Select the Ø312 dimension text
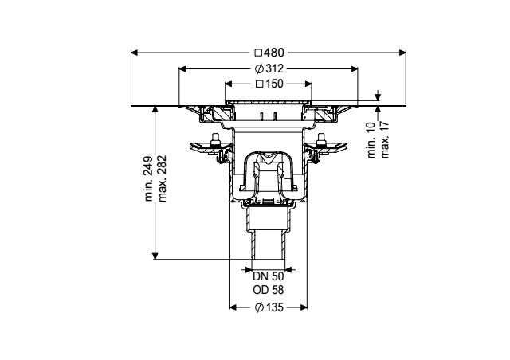(x=269, y=68)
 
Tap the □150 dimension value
(x=269, y=83)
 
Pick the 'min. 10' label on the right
(x=373, y=140)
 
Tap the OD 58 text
(x=269, y=289)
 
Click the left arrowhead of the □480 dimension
(x=135, y=53)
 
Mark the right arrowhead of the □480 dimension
(x=405, y=53)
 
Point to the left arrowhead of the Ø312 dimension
(x=182, y=68)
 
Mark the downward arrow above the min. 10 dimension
(x=378, y=98)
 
